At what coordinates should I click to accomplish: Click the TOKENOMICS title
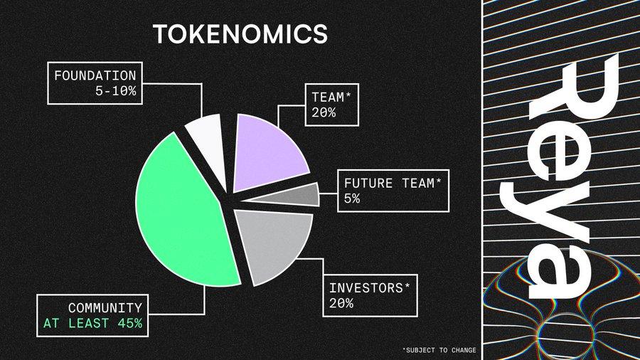coord(240,34)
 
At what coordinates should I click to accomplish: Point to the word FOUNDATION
coord(95,76)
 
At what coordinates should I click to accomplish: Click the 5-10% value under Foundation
coord(115,91)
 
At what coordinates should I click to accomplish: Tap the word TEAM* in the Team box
coord(331,97)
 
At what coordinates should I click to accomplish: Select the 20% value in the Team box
coord(324,112)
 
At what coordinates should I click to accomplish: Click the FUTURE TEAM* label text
coord(393,184)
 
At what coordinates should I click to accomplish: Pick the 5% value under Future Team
coord(352,198)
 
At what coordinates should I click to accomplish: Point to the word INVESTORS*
coord(369,288)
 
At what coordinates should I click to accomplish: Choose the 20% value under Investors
coord(341,303)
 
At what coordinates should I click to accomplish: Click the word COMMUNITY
coord(105,308)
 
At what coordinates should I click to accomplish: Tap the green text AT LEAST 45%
coord(92,323)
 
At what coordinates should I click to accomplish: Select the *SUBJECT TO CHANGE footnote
coord(439,350)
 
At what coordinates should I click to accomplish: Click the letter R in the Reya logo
coord(573,88)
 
